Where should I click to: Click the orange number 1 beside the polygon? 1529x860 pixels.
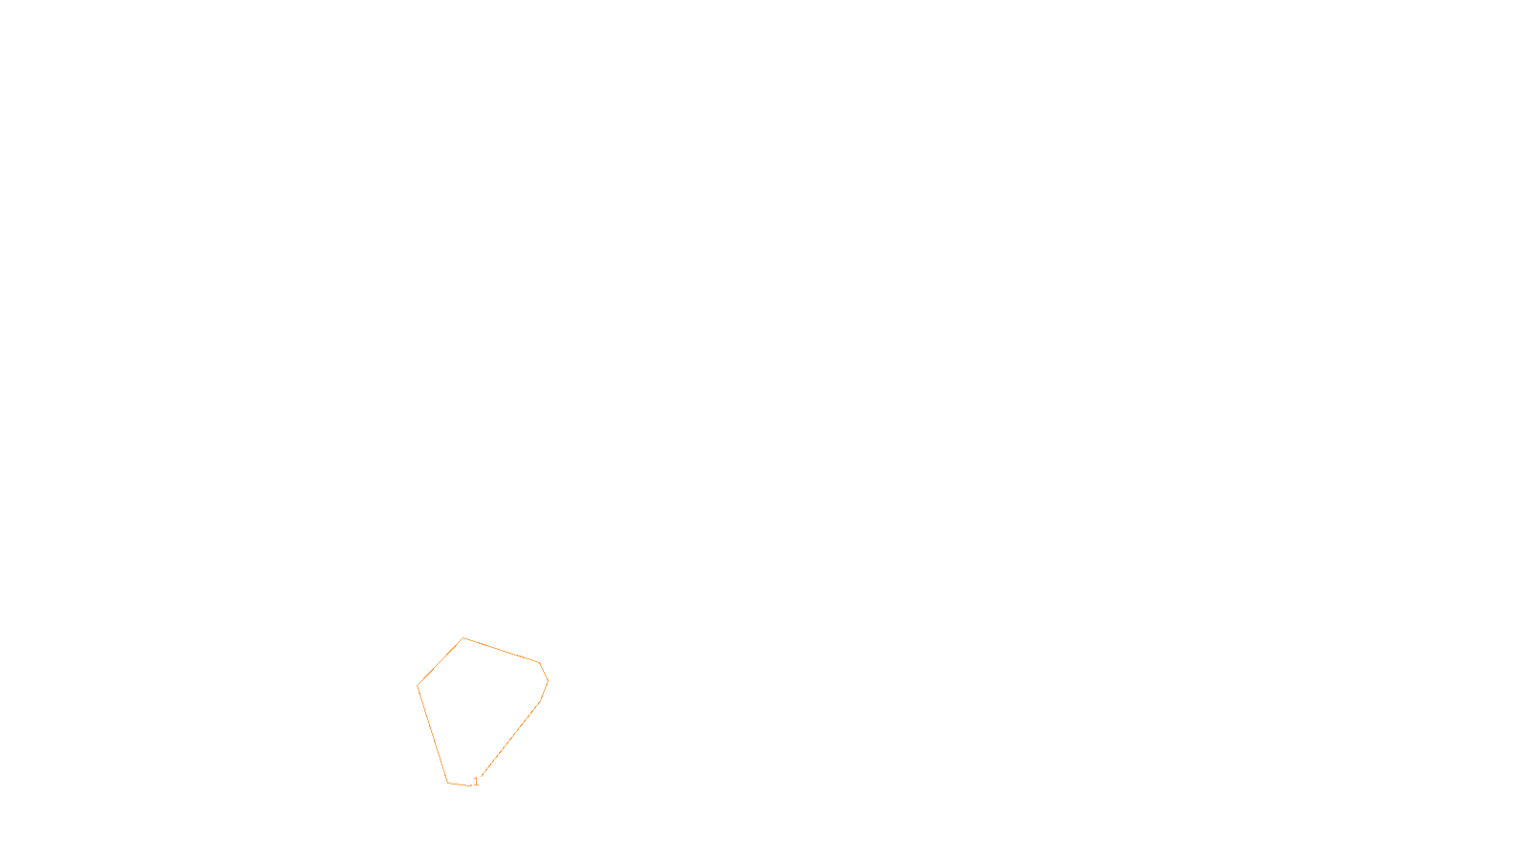[x=476, y=782]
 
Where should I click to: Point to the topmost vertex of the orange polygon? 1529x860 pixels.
[x=463, y=638]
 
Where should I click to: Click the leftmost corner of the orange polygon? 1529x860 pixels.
[x=418, y=685]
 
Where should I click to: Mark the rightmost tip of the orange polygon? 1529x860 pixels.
[x=548, y=681]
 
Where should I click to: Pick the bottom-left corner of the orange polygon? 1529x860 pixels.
[x=448, y=783]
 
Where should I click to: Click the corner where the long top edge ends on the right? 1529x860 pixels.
[x=540, y=662]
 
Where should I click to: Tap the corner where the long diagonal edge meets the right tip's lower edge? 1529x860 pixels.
[x=540, y=702]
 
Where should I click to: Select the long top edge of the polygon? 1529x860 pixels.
[x=502, y=651]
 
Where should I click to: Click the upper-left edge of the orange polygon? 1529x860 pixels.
[x=441, y=661]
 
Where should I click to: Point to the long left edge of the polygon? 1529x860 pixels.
[x=433, y=734]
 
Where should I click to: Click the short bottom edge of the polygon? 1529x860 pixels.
[x=460, y=785]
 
